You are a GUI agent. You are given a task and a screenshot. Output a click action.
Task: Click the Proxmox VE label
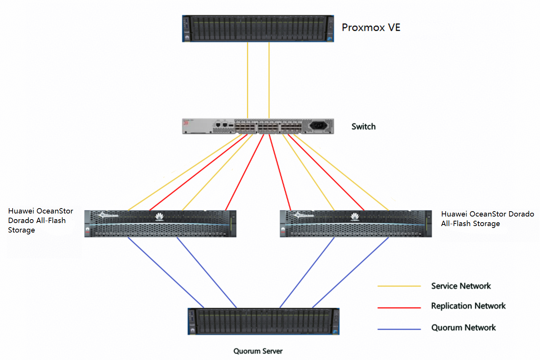pyautogui.click(x=371, y=27)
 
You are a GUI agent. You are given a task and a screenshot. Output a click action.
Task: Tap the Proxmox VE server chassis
pyautogui.click(x=258, y=29)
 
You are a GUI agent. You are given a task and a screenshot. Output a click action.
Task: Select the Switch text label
pyautogui.click(x=363, y=127)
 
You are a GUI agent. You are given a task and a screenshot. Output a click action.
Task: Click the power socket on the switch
pyautogui.click(x=319, y=125)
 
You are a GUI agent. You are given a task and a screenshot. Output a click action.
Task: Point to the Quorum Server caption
pyautogui.click(x=258, y=351)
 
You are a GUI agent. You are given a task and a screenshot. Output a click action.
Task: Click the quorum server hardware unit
pyautogui.click(x=263, y=321)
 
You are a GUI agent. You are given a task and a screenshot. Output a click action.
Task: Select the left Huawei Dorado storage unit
pyautogui.click(x=160, y=224)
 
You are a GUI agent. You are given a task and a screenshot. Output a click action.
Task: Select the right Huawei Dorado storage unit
pyautogui.click(x=356, y=224)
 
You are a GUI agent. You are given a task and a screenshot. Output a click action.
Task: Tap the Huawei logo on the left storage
pyautogui.click(x=159, y=217)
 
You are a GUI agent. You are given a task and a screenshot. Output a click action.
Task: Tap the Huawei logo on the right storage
pyautogui.click(x=355, y=217)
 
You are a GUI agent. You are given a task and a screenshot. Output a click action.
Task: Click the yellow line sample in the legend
pyautogui.click(x=399, y=286)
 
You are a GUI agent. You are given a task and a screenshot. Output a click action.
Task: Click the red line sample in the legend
pyautogui.click(x=399, y=308)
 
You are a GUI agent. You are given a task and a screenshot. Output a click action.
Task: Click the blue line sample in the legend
pyautogui.click(x=399, y=329)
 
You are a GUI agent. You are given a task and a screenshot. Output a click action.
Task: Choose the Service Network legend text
pyautogui.click(x=461, y=286)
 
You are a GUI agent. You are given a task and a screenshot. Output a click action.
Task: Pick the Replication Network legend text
pyautogui.click(x=468, y=306)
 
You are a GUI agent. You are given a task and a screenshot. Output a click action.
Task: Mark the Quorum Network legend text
pyautogui.click(x=464, y=328)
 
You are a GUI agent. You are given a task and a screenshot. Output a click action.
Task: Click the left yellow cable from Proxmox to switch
pyautogui.click(x=247, y=80)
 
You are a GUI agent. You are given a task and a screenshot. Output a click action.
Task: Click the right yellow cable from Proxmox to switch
pyautogui.click(x=269, y=80)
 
